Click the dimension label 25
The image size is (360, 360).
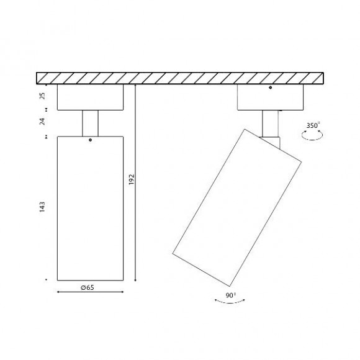pos(42,96)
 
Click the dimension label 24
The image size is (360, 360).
pos(42,122)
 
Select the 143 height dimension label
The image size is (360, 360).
pos(42,207)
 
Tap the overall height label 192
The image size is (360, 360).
pos(131,179)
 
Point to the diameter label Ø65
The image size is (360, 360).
pos(88,287)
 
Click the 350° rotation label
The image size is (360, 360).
pos(313,125)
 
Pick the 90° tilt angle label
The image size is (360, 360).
pos(230,295)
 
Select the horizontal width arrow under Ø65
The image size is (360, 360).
pos(90,292)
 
